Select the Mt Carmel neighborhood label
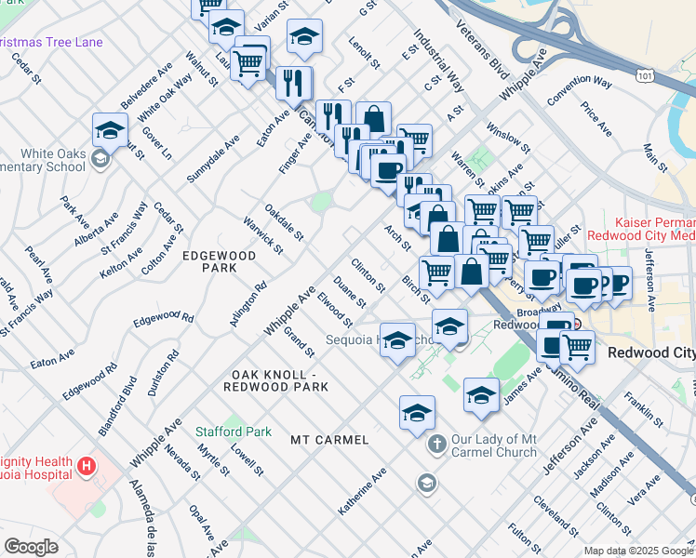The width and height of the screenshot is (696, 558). pyautogui.click(x=329, y=439)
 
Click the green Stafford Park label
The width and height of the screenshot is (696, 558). pyautogui.click(x=234, y=432)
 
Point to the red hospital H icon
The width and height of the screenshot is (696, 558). pyautogui.click(x=86, y=464)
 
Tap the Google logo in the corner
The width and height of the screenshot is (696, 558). pyautogui.click(x=31, y=547)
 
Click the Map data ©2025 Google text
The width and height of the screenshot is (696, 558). pyautogui.click(x=638, y=551)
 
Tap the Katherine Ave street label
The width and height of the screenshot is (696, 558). pyautogui.click(x=363, y=492)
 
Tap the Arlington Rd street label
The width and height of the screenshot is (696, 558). pyautogui.click(x=248, y=304)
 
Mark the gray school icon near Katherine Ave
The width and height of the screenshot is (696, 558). pyautogui.click(x=426, y=482)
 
